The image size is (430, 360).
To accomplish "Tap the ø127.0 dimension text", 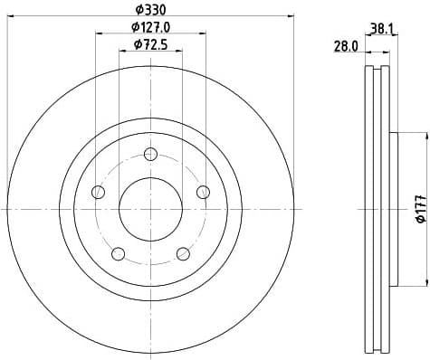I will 150,26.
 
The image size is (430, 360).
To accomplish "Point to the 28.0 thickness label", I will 347,46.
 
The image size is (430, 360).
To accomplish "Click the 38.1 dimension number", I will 380,27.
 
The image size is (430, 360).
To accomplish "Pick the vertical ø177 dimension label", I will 419,211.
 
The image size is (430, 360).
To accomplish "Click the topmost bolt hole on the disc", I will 150,154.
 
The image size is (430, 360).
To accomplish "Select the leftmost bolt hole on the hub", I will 99,191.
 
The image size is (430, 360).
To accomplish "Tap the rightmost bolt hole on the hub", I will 203,191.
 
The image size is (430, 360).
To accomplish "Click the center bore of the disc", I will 150,209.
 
